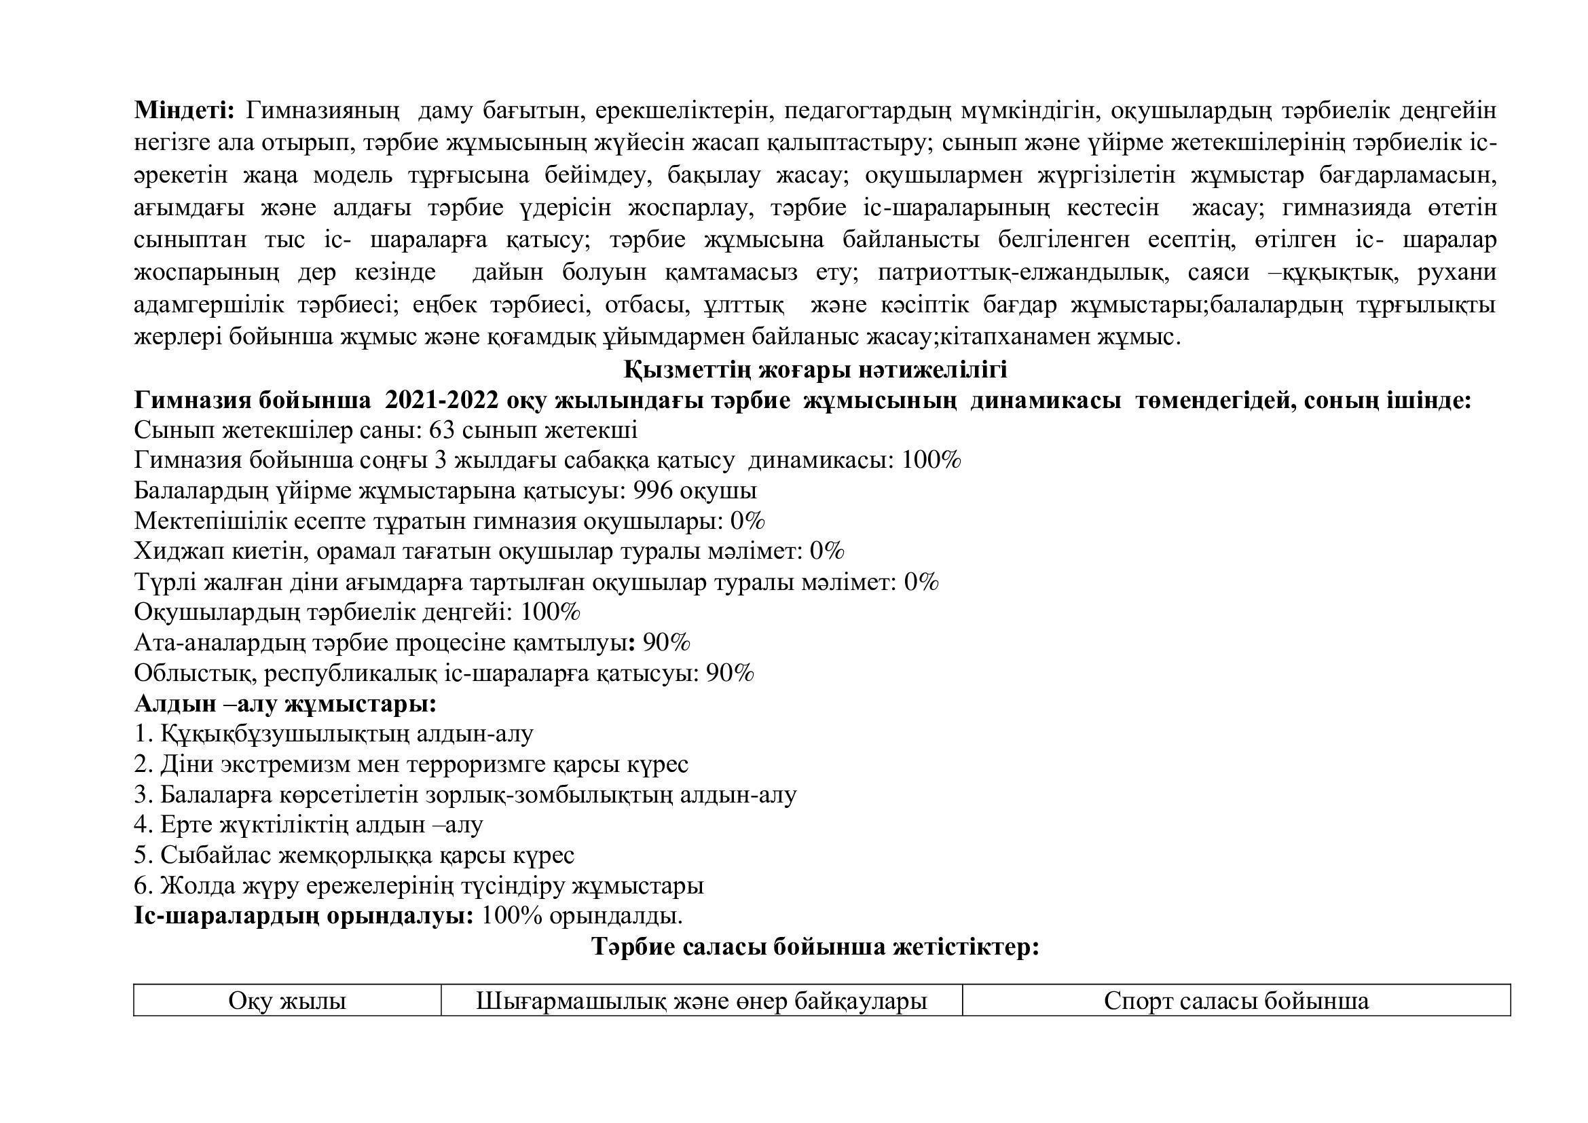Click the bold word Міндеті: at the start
[x=185, y=110]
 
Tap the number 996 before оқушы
[x=653, y=491]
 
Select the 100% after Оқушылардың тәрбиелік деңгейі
[x=550, y=612]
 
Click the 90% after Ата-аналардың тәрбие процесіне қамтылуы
[x=666, y=643]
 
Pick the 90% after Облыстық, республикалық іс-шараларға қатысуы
[x=730, y=674]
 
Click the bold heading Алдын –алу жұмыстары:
[x=285, y=704]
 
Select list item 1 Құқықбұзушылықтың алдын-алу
[x=333, y=734]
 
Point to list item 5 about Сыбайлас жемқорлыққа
[x=354, y=855]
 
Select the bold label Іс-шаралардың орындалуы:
[x=303, y=916]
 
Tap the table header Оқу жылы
[x=287, y=1001]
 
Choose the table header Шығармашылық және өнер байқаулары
[x=701, y=1001]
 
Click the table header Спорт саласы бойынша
[x=1236, y=1001]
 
